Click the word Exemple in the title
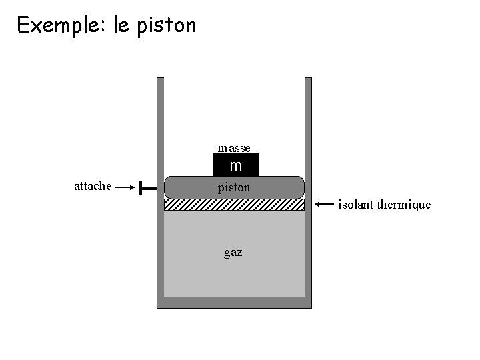tap(58, 25)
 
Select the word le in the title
tap(122, 25)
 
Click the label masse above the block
tap(234, 147)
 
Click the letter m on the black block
tap(236, 165)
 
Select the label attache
tap(93, 187)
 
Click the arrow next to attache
tap(125, 188)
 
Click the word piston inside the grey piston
tap(234, 188)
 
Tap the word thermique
tap(404, 205)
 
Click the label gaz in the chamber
tap(233, 253)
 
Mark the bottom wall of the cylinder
tap(234, 303)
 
